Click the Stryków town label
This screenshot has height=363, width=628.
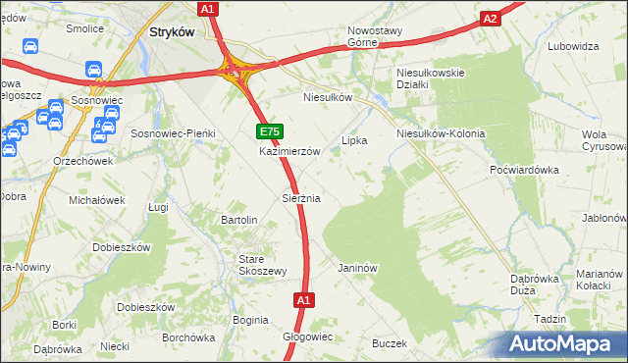pos(172,32)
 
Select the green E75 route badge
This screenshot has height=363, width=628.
pos(271,131)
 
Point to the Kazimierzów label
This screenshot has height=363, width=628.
pos(290,152)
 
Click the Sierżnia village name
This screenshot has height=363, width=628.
pos(301,198)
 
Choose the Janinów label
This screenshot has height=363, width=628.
pos(357,267)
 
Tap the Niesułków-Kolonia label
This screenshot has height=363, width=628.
pos(441,133)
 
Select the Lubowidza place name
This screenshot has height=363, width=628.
pos(574,46)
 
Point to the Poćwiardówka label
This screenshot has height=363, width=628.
pos(524,169)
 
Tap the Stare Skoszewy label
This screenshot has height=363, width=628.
pos(263,265)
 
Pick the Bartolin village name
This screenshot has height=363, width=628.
pos(239,220)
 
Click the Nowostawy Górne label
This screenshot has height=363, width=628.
pos(376,35)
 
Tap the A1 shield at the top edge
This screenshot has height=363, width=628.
pos(207,8)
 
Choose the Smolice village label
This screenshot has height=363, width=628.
pos(85,28)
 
